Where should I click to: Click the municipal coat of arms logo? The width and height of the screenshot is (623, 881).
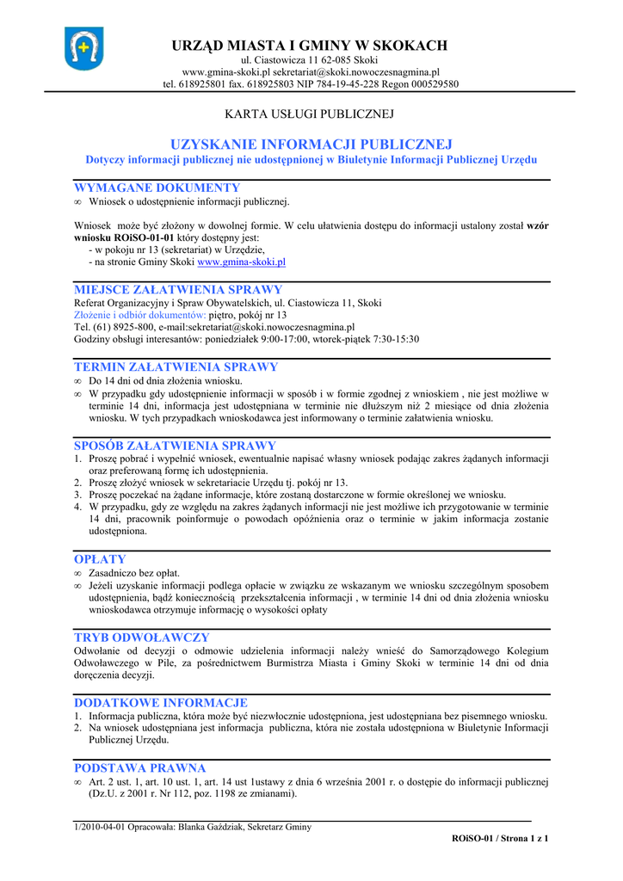83,48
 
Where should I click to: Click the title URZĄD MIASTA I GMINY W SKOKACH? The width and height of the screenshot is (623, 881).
311,46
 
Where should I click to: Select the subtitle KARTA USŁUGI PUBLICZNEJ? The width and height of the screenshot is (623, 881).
309,114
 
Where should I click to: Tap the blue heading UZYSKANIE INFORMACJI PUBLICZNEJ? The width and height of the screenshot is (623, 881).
311,144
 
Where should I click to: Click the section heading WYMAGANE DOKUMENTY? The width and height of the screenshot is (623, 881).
157,188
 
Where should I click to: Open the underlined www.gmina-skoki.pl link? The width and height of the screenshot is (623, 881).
241,261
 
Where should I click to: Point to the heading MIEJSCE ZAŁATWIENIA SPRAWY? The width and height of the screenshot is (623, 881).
178,290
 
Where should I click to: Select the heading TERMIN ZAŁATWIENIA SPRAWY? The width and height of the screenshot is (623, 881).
176,367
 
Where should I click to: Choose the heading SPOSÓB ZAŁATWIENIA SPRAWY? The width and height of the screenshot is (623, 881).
176,446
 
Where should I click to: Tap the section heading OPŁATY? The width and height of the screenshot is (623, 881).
100,559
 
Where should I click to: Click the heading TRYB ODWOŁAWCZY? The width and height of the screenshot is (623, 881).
142,638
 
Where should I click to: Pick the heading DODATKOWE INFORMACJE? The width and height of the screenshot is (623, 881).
161,703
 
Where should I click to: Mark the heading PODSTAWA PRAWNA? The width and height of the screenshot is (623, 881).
140,767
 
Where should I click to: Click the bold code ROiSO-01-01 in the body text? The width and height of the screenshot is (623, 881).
144,237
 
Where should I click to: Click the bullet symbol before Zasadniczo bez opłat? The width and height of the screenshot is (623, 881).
77,573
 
